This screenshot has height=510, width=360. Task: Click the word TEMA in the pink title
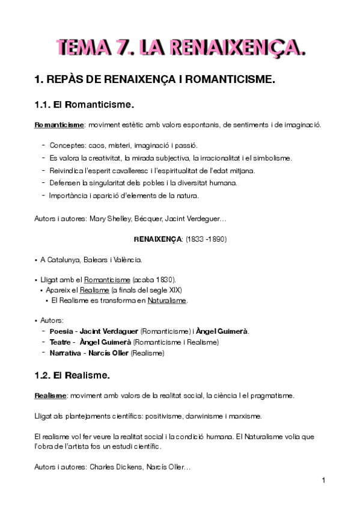pos(84,48)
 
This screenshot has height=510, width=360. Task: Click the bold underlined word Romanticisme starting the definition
pos(59,125)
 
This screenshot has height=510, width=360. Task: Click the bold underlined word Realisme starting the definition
pos(50,395)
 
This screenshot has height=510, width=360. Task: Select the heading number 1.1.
pos(45,105)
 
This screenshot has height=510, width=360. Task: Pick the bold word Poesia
pos(64,331)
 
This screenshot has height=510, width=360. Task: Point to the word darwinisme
pos(201,416)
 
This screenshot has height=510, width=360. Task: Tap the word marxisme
pos(248,416)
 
